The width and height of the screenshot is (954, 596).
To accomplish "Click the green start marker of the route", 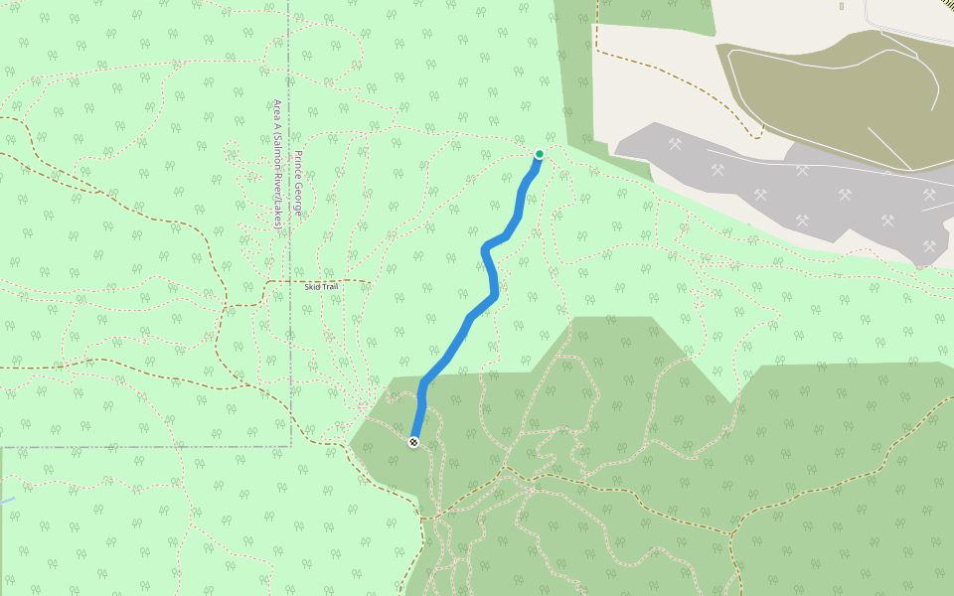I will [x=539, y=154].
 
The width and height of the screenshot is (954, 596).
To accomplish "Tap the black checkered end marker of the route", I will [x=413, y=442].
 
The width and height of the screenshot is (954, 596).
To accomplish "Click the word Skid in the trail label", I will [x=313, y=286].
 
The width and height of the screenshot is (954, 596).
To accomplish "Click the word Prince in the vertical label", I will [x=296, y=166].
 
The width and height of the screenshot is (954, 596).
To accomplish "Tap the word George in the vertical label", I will [x=296, y=202].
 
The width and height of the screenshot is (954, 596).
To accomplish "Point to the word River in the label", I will [x=278, y=187].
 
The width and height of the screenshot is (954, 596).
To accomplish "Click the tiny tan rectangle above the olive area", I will [x=841, y=6].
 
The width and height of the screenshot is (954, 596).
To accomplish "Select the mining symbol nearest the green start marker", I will [x=676, y=145].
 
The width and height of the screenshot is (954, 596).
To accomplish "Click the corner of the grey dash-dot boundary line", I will [x=290, y=446].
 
